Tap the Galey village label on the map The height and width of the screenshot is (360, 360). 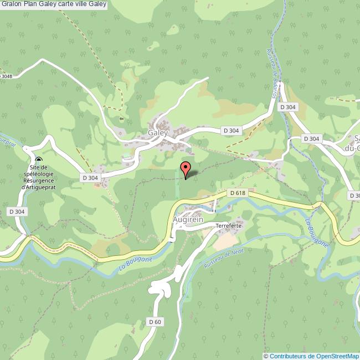coord(158,133)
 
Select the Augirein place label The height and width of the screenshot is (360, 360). coord(188,220)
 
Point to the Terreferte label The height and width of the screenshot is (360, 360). coord(229,226)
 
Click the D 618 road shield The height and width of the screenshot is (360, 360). coord(236,193)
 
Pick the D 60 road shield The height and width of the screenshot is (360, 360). coord(155,322)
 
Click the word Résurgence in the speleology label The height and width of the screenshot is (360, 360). coord(37,181)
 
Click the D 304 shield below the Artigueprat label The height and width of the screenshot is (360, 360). coord(17,212)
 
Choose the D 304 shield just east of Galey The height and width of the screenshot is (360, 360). coord(232,130)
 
